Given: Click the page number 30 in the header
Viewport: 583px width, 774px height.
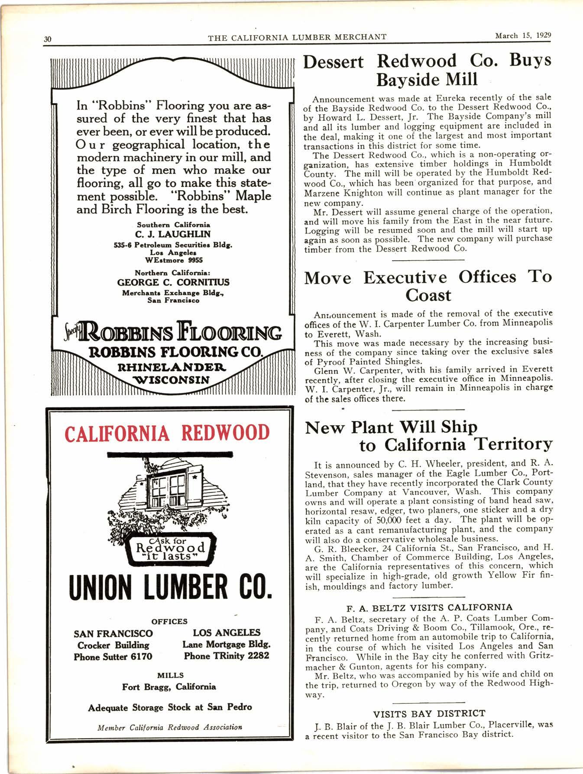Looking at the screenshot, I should [48, 39].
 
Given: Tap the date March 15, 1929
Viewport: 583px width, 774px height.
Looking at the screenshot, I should [523, 36].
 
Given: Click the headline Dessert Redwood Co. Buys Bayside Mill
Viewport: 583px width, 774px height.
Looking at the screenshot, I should [427, 70].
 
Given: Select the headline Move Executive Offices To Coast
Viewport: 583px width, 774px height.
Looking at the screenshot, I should [428, 286].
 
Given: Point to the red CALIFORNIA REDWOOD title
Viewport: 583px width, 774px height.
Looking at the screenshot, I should [167, 433].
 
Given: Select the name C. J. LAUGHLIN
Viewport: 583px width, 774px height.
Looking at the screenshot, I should [173, 234].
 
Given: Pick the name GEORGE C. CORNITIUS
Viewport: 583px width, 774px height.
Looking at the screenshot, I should [173, 282].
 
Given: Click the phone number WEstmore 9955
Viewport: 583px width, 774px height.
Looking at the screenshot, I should [173, 260].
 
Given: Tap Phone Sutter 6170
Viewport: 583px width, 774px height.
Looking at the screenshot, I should [113, 657].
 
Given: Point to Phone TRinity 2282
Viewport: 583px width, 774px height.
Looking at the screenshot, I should [226, 656].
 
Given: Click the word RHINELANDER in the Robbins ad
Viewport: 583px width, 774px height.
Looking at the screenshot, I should [172, 368].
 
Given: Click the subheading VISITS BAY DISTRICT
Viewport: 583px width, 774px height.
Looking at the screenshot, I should [429, 713].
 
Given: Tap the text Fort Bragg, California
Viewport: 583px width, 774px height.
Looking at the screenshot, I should [169, 687].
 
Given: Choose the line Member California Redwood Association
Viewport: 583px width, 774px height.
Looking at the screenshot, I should [170, 728].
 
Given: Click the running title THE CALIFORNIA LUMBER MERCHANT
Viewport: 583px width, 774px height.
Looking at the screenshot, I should [297, 37].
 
